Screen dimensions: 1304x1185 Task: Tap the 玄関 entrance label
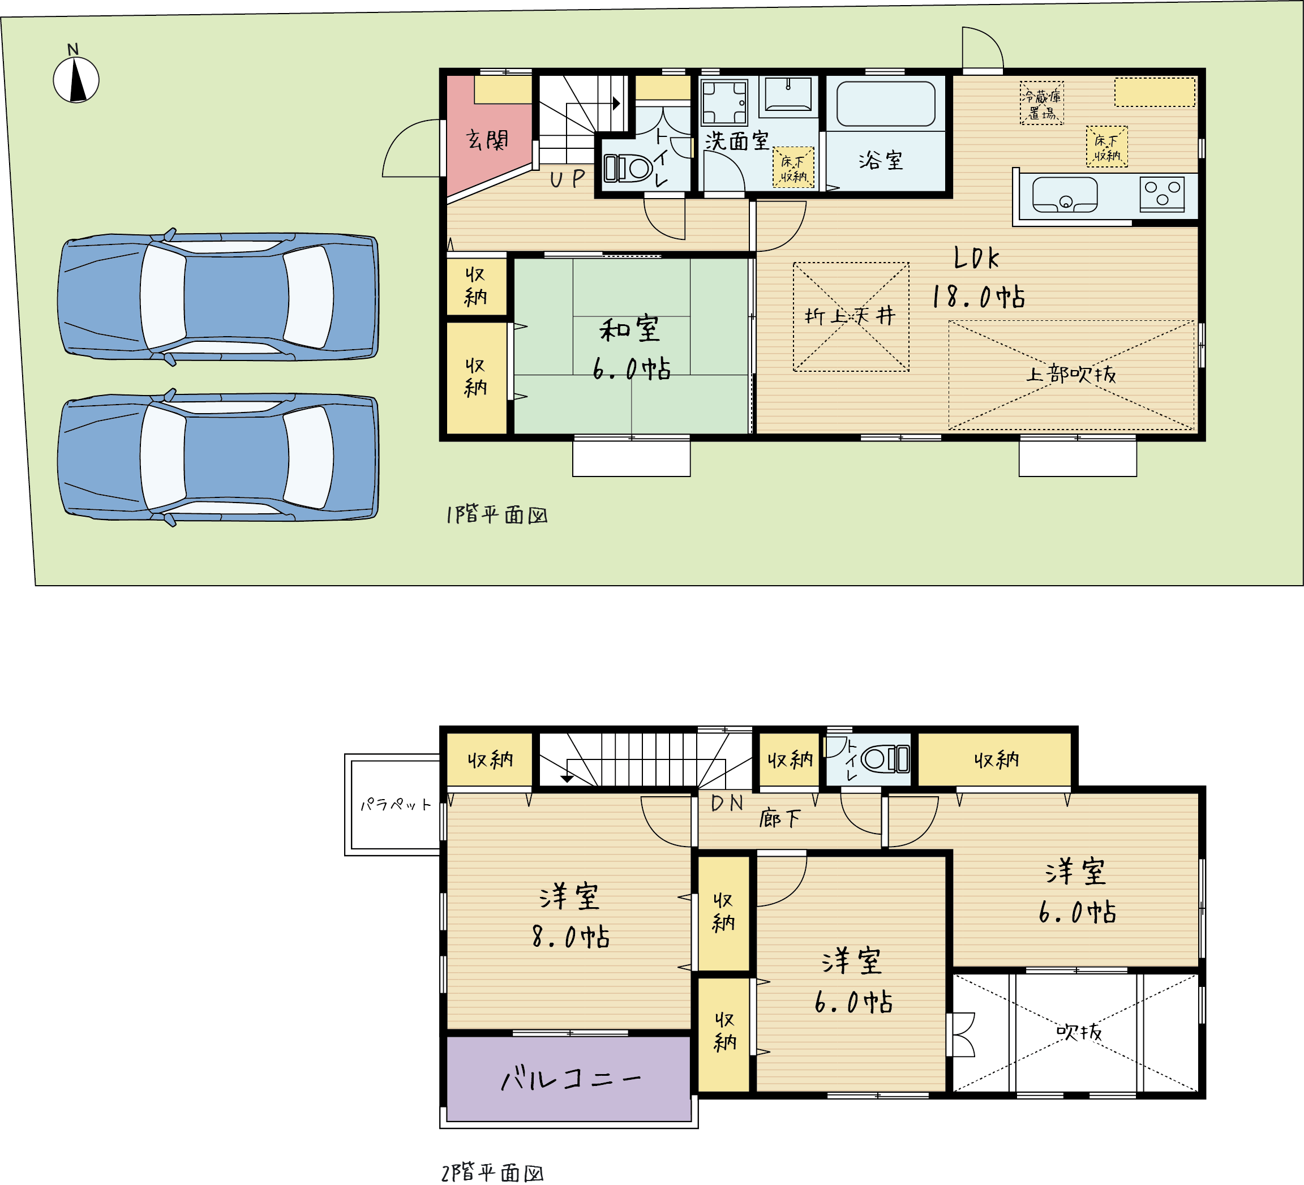(487, 140)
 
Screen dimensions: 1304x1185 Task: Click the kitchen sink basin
(1065, 195)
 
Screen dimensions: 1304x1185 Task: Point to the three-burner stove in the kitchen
(1162, 193)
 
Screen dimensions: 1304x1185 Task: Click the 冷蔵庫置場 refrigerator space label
(1041, 103)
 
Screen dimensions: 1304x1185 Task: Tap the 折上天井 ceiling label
(850, 316)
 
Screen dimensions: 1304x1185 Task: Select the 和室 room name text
(629, 329)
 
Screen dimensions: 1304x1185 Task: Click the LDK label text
(976, 258)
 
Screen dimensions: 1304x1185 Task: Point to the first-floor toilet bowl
(628, 169)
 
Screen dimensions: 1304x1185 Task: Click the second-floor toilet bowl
(885, 759)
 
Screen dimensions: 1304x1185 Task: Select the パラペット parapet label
(395, 804)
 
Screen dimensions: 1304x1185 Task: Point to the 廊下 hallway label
(779, 818)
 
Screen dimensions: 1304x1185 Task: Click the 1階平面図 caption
(497, 515)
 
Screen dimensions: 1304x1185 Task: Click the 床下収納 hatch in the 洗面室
(793, 168)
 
